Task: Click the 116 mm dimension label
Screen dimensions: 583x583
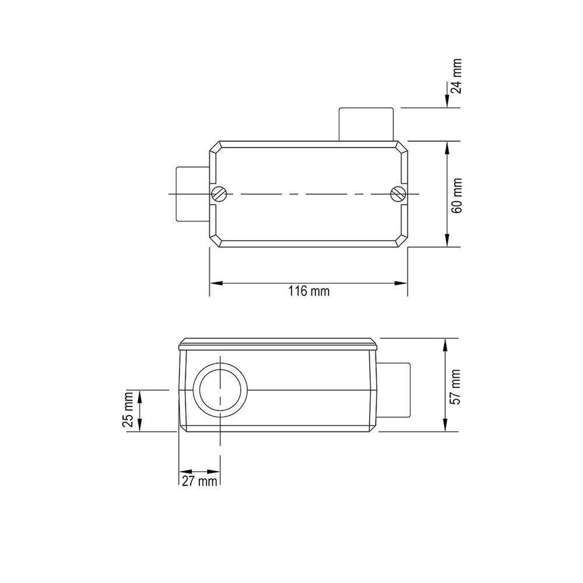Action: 309,291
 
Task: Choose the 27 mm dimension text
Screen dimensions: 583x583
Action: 198,482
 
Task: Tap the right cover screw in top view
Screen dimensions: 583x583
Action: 398,194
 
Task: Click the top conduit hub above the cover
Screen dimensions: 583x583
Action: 366,124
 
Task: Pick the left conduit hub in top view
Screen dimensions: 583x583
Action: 192,194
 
